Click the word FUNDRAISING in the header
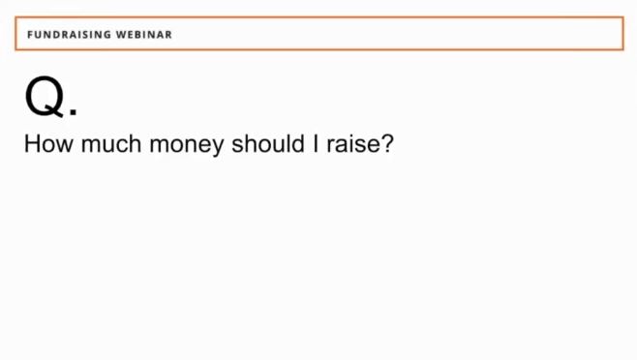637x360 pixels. [69, 35]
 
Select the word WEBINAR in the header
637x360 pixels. [144, 35]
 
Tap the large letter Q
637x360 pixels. [45, 96]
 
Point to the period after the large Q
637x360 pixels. [74, 111]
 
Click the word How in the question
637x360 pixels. [48, 144]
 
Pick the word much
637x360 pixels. [111, 144]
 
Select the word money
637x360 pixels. [187, 145]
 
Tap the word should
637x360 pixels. [268, 144]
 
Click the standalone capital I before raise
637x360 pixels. [316, 144]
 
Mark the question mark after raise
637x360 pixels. [386, 144]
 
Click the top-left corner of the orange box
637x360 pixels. [15, 17]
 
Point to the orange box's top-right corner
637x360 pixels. [623, 17]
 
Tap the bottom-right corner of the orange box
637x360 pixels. [623, 49]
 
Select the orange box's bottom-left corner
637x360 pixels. [15, 49]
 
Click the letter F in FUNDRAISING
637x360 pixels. [30, 35]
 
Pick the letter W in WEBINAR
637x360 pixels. [121, 35]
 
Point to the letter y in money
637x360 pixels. [218, 148]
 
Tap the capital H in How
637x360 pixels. [32, 144]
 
